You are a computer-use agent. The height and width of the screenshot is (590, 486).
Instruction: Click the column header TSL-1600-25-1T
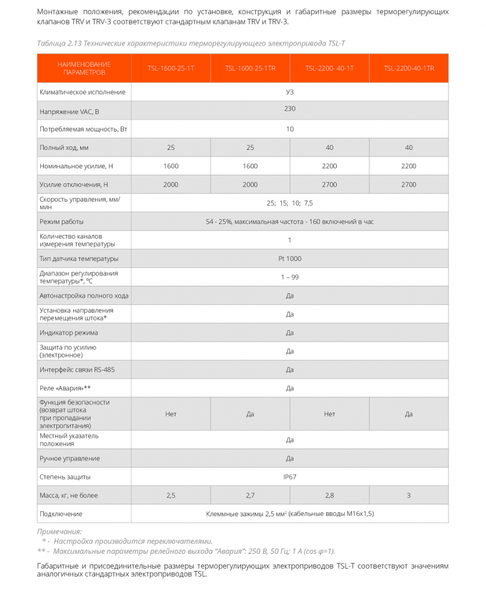pyautogui.click(x=171, y=68)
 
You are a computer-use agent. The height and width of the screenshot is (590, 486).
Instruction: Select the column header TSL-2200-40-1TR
pyautogui.click(x=409, y=68)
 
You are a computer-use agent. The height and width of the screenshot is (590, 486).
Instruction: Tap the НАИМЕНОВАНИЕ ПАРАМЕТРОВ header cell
pyautogui.click(x=84, y=68)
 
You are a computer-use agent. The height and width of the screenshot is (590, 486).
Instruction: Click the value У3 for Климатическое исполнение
pyautogui.click(x=289, y=92)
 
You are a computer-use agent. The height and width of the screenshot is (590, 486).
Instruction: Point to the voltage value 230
pyautogui.click(x=289, y=108)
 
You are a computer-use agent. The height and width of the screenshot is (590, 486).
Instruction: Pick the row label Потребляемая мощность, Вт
pyautogui.click(x=83, y=129)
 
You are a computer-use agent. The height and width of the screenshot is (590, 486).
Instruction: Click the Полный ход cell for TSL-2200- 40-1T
pyautogui.click(x=329, y=147)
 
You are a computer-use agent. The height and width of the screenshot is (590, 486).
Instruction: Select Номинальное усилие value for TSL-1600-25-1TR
pyautogui.click(x=250, y=166)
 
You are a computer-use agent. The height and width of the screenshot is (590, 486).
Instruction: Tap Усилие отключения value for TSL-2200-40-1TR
pyautogui.click(x=409, y=184)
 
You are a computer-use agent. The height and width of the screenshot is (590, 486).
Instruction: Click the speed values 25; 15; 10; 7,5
pyautogui.click(x=289, y=203)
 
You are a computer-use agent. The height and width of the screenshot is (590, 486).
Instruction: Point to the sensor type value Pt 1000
pyautogui.click(x=289, y=258)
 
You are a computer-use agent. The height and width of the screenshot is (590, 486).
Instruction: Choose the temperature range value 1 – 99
pyautogui.click(x=289, y=277)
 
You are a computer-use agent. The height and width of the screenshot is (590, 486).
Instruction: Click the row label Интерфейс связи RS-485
pyautogui.click(x=77, y=369)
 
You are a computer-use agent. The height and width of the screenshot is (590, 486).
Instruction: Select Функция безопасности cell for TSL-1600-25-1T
pyautogui.click(x=171, y=414)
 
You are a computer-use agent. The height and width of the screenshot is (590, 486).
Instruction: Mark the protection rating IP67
pyautogui.click(x=289, y=476)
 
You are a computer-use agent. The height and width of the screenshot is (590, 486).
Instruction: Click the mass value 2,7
pyautogui.click(x=250, y=495)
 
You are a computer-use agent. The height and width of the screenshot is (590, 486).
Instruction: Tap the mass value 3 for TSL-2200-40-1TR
pyautogui.click(x=409, y=495)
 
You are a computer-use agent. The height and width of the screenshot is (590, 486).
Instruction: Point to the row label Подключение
pyautogui.click(x=61, y=513)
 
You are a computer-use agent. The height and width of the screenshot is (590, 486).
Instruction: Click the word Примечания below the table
pyautogui.click(x=59, y=531)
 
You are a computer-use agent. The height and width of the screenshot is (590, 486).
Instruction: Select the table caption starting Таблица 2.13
pyautogui.click(x=191, y=43)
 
